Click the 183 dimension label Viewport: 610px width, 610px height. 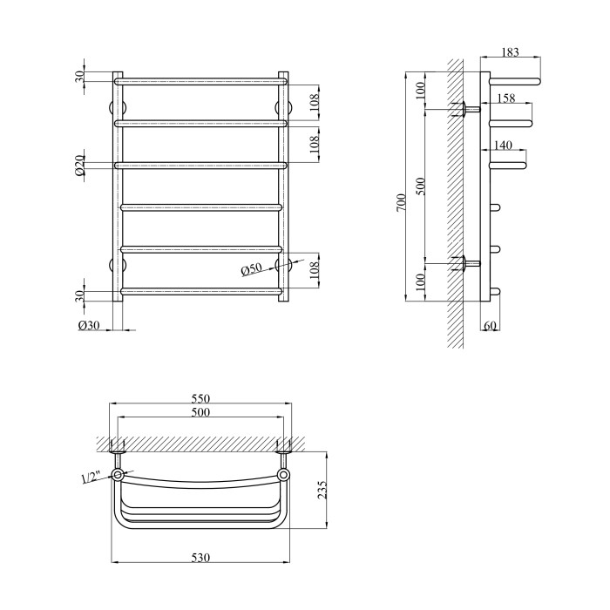[510, 51]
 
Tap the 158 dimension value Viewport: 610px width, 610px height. [506, 98]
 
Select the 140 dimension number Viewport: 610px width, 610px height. [503, 146]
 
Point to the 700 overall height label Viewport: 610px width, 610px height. [401, 202]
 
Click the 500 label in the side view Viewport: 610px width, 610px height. [422, 186]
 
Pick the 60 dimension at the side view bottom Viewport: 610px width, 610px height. [491, 325]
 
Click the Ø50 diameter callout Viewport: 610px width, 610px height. [251, 269]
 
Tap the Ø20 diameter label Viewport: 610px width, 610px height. [79, 165]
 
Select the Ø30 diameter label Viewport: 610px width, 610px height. [89, 325]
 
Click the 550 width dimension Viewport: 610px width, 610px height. [200, 399]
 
